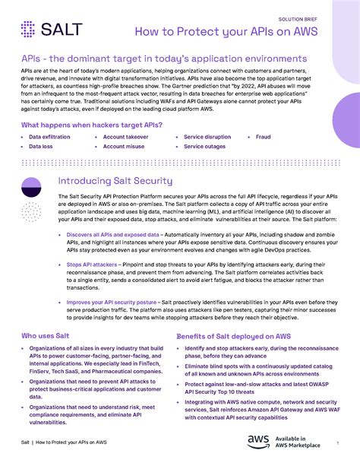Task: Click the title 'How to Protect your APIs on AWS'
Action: click(236, 31)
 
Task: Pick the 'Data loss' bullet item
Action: click(41, 146)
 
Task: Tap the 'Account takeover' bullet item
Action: click(131, 137)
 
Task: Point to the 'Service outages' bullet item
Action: click(205, 146)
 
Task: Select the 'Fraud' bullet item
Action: click(264, 137)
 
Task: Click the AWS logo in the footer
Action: click(257, 442)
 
